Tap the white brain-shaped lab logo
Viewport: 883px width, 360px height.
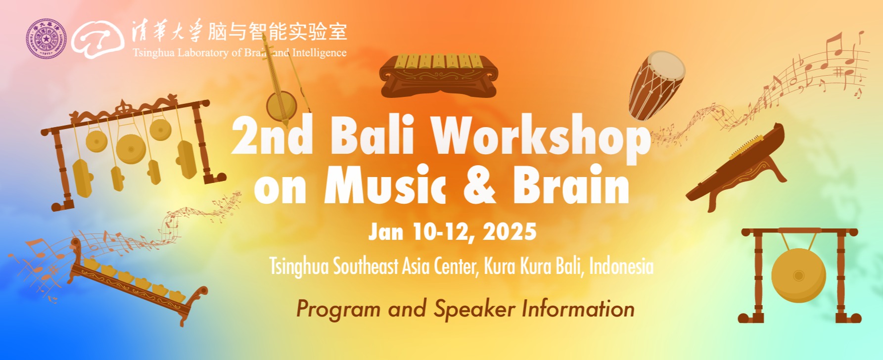(97, 39)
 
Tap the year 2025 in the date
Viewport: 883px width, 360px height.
(510, 231)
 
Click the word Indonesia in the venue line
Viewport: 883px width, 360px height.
(621, 267)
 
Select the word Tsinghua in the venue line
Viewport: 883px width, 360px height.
(299, 267)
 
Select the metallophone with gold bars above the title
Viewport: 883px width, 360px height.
(438, 75)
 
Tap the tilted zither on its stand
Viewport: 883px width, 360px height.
(735, 167)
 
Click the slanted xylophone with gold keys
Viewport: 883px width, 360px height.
(138, 280)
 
